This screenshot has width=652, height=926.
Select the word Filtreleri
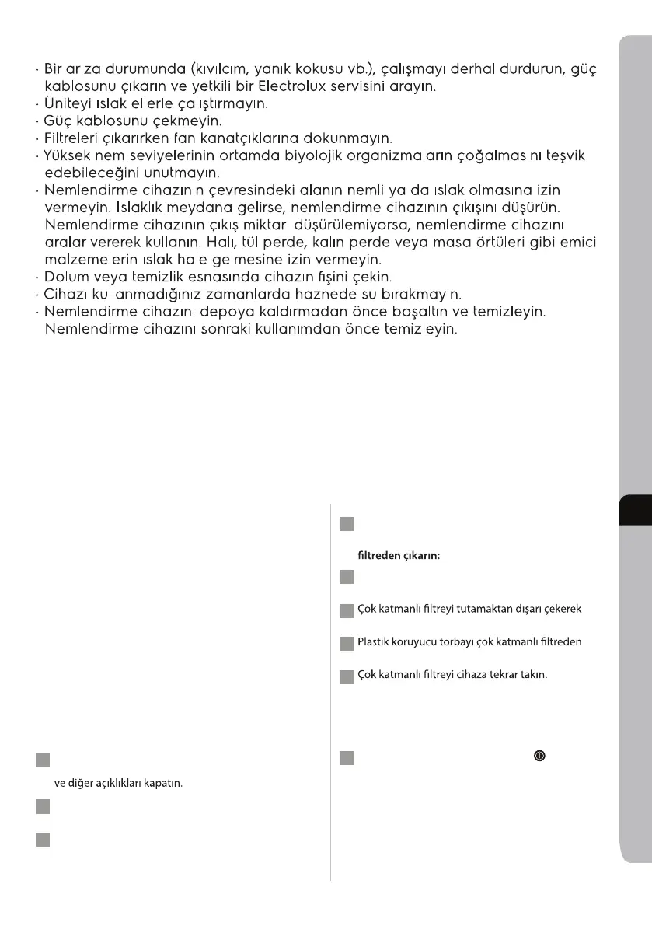[77, 138]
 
